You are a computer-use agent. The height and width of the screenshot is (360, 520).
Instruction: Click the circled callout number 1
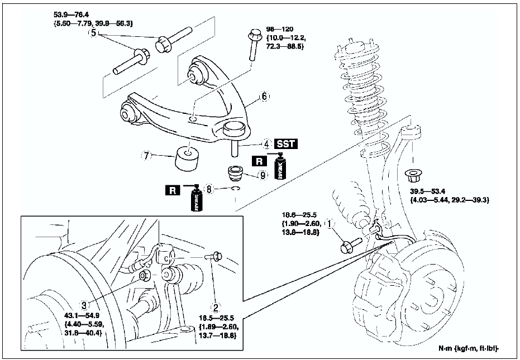coord(330,224)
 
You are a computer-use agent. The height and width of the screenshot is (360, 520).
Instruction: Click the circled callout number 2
coord(214,306)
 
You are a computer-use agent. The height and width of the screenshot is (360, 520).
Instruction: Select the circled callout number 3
coord(84,305)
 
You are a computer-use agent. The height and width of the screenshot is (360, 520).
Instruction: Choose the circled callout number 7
coord(147,157)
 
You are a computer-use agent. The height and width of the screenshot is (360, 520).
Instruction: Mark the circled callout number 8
coord(210,190)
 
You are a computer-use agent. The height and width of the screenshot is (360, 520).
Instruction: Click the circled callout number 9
coord(263,175)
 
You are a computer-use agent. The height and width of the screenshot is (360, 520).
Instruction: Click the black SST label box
coord(285,144)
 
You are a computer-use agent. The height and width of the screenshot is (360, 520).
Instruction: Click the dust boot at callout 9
coord(238,174)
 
